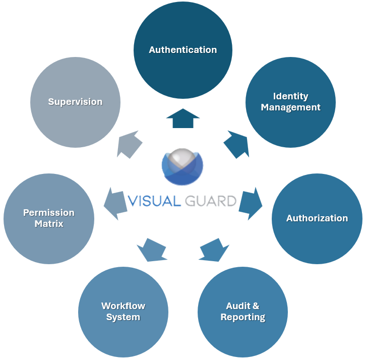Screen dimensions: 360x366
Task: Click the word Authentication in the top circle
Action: pyautogui.click(x=182, y=50)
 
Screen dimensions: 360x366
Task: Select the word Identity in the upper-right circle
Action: pyautogui.click(x=290, y=96)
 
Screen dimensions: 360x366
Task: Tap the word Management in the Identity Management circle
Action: pyautogui.click(x=290, y=107)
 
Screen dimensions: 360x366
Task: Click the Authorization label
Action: pyautogui.click(x=317, y=218)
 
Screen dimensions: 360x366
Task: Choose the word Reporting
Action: pyautogui.click(x=242, y=317)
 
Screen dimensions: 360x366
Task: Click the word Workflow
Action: pyautogui.click(x=123, y=306)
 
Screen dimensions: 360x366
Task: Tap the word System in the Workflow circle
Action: pyautogui.click(x=123, y=317)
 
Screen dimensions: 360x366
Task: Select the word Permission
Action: pyautogui.click(x=48, y=213)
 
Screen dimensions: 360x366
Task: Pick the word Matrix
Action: pyautogui.click(x=48, y=223)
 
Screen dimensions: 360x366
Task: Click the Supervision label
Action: pyautogui.click(x=75, y=102)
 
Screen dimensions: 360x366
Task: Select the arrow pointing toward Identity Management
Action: pyautogui.click(x=236, y=144)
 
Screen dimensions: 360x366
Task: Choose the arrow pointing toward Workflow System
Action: pyautogui.click(x=152, y=250)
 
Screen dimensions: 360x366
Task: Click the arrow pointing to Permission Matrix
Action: pyautogui.click(x=115, y=203)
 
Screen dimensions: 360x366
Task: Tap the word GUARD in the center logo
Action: pyautogui.click(x=211, y=201)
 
